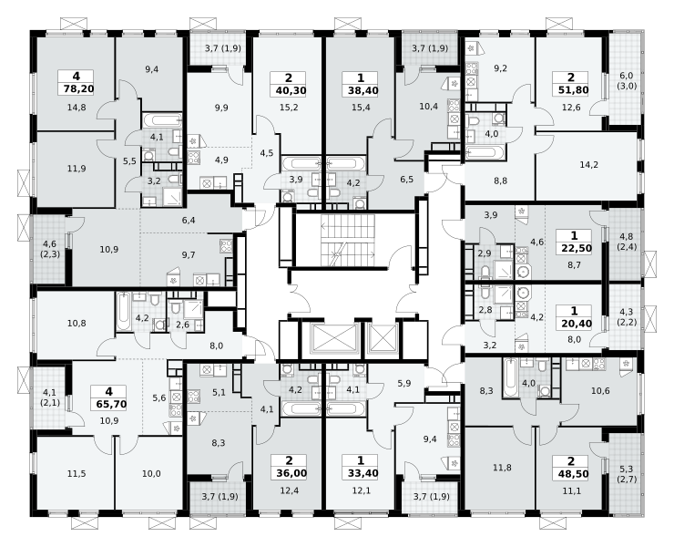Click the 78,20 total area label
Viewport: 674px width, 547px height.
77,89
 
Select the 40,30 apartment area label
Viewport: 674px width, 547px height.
289,90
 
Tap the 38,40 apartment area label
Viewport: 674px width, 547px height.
360,90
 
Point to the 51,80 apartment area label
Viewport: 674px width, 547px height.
571,90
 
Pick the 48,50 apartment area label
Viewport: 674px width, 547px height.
571,474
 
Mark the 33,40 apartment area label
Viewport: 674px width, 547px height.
360,474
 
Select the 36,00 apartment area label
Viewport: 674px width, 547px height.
289,474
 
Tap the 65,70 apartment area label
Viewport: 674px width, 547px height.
108,404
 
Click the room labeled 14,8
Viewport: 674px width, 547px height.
77,108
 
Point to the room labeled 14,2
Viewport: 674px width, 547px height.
589,164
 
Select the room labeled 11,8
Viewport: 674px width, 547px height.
502,468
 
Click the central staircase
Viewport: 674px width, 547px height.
348,241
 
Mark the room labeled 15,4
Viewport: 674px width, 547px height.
361,108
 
